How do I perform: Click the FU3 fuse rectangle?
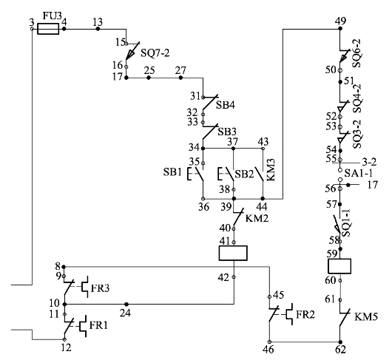pyautogui.click(x=48, y=29)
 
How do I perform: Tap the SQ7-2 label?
pyautogui.click(x=155, y=53)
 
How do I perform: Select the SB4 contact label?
pyautogui.click(x=226, y=105)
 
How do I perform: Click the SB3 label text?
pyautogui.click(x=227, y=132)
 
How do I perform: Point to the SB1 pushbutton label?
pyautogui.click(x=172, y=172)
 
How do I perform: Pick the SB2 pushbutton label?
pyautogui.click(x=245, y=174)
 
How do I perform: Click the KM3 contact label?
pyautogui.click(x=271, y=169)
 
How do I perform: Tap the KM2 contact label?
pyautogui.click(x=257, y=218)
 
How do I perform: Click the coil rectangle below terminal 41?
pyautogui.click(x=233, y=253)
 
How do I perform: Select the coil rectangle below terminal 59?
pyautogui.click(x=339, y=266)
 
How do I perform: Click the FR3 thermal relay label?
pyautogui.click(x=100, y=288)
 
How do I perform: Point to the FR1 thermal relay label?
pyautogui.click(x=98, y=325)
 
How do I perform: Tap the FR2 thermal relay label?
pyautogui.click(x=305, y=314)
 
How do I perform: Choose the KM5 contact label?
pyautogui.click(x=366, y=317)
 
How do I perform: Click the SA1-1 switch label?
pyautogui.click(x=359, y=173)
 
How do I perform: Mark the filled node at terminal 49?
pyautogui.click(x=340, y=29)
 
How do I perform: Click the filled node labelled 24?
pyautogui.click(x=126, y=305)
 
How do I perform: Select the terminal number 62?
pyautogui.click(x=340, y=350)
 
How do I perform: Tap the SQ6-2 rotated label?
pyautogui.click(x=357, y=53)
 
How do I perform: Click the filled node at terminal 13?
pyautogui.click(x=98, y=29)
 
